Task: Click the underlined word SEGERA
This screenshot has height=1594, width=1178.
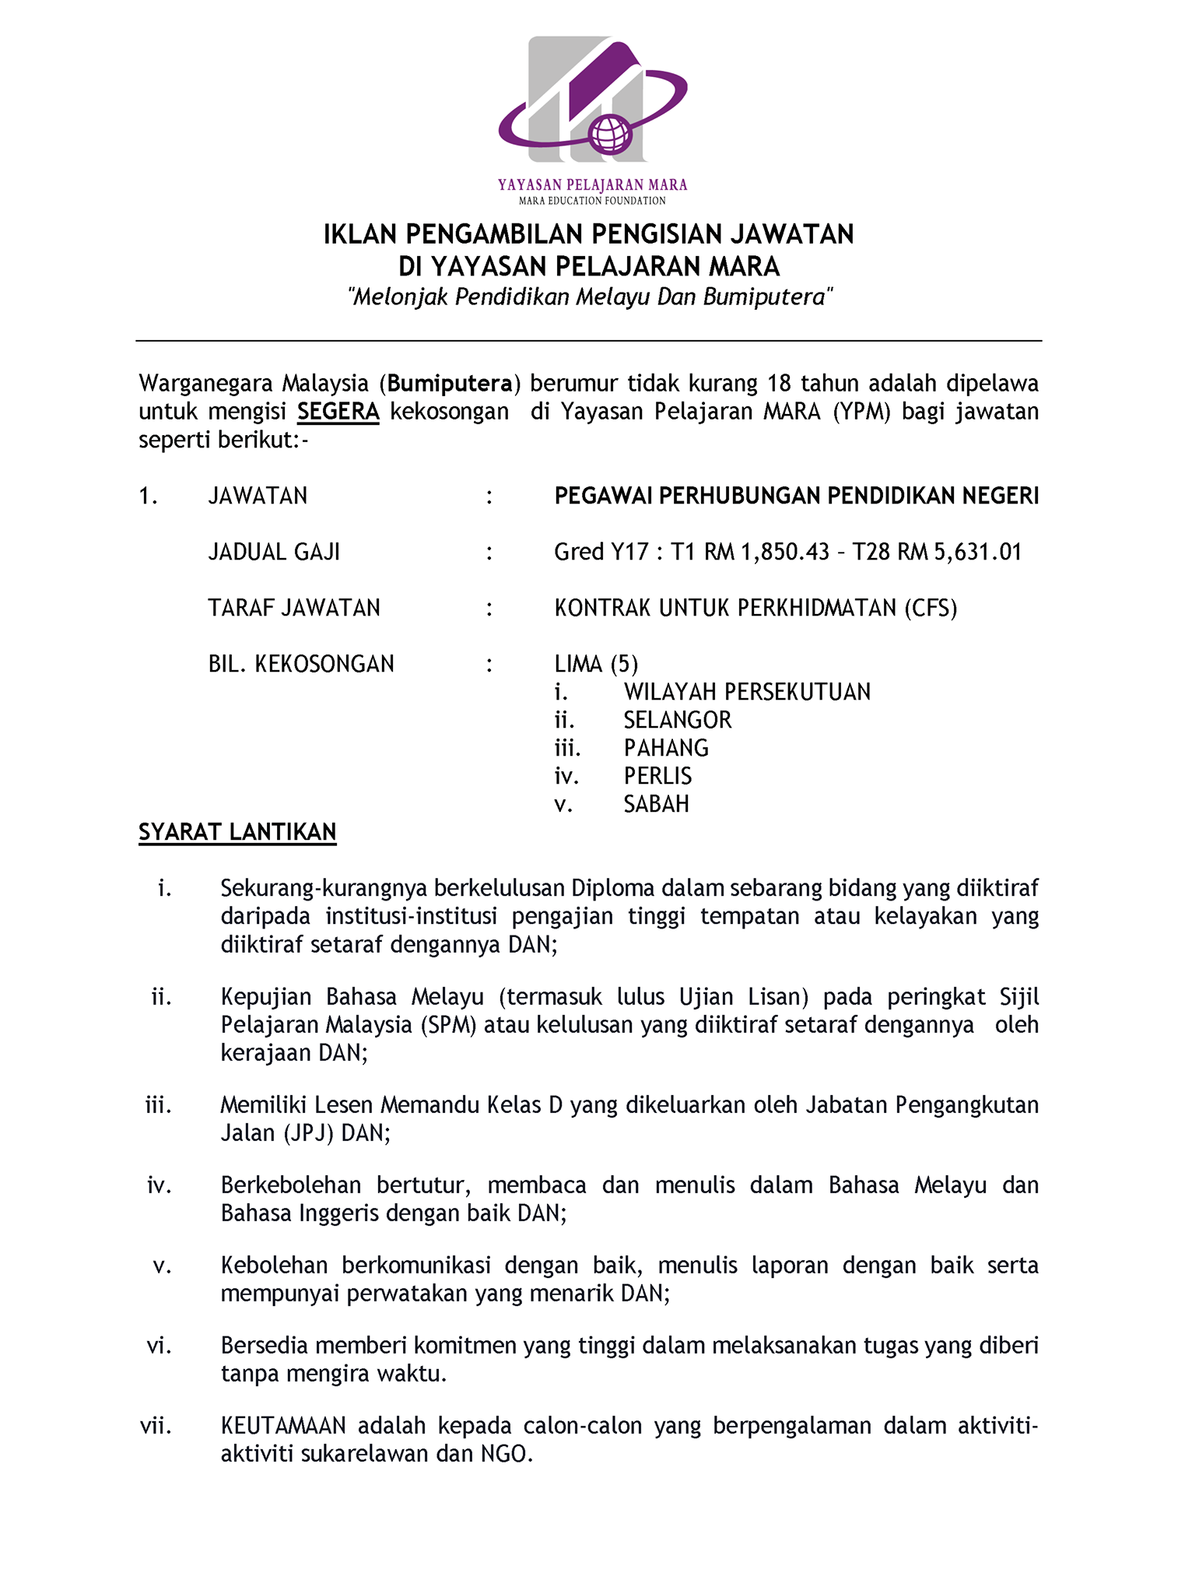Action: tap(338, 411)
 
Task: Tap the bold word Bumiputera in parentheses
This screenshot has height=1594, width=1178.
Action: tap(450, 383)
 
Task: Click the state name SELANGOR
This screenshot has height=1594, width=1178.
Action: tap(677, 720)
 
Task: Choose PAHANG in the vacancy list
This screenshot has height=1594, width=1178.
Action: tap(666, 748)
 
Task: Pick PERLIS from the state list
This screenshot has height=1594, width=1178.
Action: tap(657, 776)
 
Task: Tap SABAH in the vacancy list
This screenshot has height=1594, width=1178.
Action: tap(656, 804)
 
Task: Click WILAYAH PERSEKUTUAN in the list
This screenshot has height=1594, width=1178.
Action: tap(747, 692)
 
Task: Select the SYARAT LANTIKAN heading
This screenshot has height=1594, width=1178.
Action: tap(237, 832)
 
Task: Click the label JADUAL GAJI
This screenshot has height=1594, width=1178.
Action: tap(274, 552)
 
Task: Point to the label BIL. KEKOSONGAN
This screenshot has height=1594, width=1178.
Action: tap(301, 664)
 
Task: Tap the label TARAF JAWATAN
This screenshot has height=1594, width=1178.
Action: tap(294, 608)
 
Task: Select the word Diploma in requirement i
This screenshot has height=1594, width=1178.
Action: tap(613, 888)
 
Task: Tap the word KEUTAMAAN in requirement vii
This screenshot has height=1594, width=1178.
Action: tap(283, 1426)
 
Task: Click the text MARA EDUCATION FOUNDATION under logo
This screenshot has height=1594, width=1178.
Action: tap(592, 201)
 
